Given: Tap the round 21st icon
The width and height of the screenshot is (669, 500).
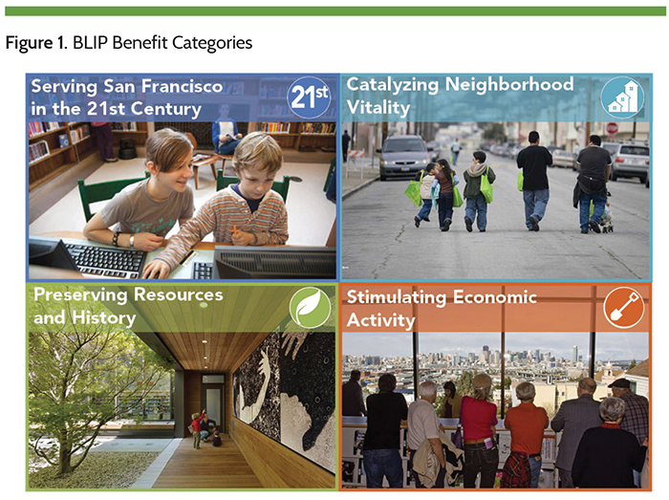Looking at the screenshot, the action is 311,98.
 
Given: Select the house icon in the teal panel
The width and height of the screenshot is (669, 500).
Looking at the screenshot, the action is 622,98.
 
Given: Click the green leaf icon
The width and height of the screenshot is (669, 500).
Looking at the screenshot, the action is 311,307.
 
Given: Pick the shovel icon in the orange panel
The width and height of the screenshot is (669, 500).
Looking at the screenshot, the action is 624,307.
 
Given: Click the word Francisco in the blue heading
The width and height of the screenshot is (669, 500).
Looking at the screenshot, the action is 182,86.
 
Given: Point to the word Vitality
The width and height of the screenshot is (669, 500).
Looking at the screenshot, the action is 378,107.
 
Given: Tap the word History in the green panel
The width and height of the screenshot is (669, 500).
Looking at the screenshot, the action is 103,317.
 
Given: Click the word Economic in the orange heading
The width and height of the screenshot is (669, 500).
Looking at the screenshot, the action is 494,297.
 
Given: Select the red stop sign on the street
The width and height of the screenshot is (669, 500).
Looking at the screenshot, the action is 613,128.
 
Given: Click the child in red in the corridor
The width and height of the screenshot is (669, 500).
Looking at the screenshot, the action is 197,428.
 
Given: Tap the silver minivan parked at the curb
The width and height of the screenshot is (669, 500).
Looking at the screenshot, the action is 403,157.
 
